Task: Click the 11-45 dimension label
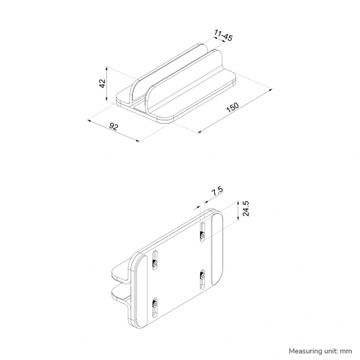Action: coord(224,35)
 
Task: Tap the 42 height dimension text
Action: coord(102,83)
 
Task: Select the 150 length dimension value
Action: coord(233,107)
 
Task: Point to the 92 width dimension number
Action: coord(113,127)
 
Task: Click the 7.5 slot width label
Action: coord(217,191)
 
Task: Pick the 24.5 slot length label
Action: coord(246,208)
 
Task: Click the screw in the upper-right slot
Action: coord(203,235)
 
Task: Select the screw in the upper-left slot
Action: coord(155,264)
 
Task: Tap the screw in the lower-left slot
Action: coord(155,304)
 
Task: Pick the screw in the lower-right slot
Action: coord(203,276)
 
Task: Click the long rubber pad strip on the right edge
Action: coord(217,249)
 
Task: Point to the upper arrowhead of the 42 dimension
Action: coord(106,68)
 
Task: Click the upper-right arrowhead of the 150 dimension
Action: coord(270,90)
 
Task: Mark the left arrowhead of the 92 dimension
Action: coord(89,120)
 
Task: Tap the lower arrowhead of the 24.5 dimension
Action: coord(238,218)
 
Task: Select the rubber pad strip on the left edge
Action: coord(141,291)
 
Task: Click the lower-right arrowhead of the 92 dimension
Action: coord(138,141)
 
